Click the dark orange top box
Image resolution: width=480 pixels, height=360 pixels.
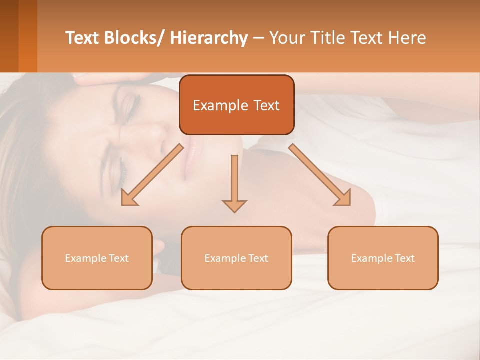click(236, 105)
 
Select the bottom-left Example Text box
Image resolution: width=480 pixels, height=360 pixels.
click(97, 258)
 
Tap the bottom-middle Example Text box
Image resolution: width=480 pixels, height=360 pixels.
click(236, 258)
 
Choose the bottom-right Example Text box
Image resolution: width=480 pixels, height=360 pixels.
click(383, 258)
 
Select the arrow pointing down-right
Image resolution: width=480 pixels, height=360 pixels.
click(320, 175)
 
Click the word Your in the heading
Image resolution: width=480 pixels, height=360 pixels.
click(285, 38)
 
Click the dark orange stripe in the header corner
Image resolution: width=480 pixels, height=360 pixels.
click(28, 36)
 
